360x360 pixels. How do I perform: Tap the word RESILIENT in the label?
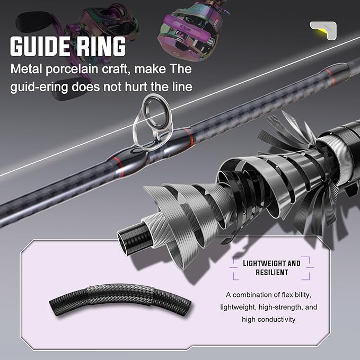point(271,273)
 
